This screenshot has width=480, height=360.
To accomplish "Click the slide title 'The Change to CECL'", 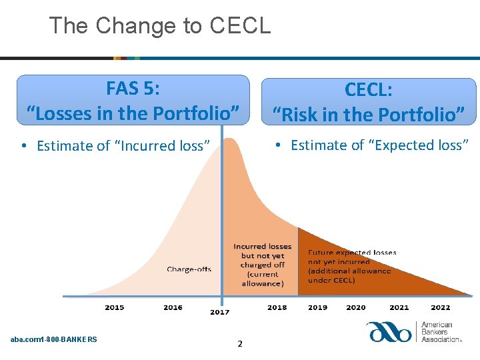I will coord(160,25).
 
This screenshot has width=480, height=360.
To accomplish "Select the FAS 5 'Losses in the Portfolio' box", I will coord(133,100).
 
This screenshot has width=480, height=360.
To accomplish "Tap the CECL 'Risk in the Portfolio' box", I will coord(368,101).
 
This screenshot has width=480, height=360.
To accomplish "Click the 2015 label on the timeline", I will coord(114,307).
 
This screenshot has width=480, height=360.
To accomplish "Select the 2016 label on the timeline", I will coord(173,307).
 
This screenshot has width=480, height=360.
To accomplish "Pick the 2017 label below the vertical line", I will coord(219,312).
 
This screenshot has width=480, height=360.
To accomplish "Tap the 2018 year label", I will coord(277,307).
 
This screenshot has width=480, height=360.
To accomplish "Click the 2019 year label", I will coord(317,307).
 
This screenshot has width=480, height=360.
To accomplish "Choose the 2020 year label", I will coord(356,307).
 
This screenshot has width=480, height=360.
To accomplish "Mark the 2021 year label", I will coord(399,307).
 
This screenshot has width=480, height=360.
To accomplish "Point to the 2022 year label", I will coord(440,307).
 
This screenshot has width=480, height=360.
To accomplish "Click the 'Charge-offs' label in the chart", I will coord(189,269).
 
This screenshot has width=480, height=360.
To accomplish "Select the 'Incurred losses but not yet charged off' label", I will coord(262,265).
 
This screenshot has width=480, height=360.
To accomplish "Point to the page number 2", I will coord(240,344).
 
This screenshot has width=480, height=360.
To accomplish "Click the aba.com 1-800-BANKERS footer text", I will coord(53,339).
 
